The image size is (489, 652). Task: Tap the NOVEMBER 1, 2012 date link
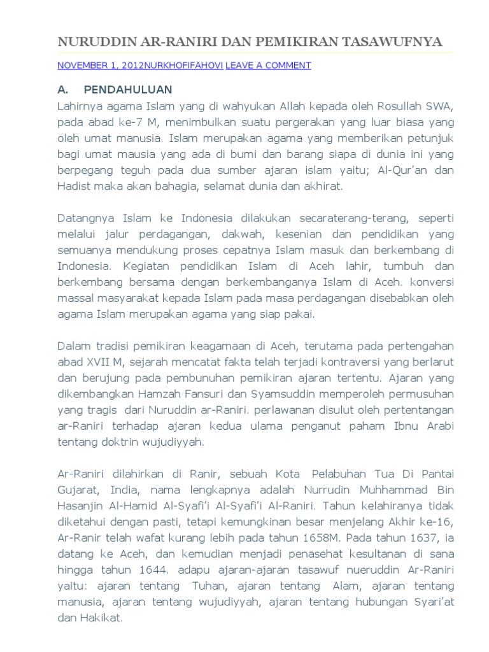click(101, 65)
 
